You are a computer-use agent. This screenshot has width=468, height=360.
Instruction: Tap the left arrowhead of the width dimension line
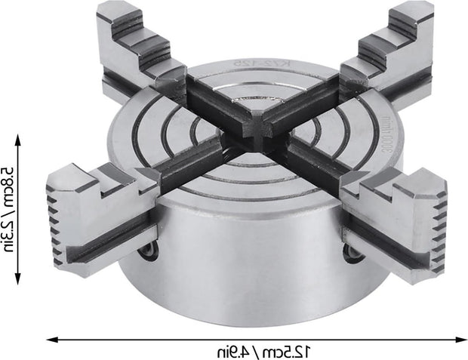pyautogui.click(x=51, y=339)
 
